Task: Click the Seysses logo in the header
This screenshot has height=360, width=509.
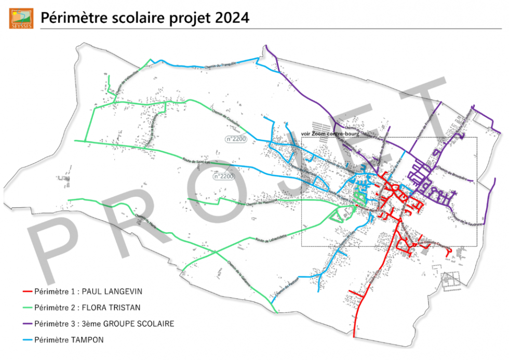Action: pyautogui.click(x=21, y=18)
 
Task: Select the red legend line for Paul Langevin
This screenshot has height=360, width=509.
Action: pyautogui.click(x=27, y=291)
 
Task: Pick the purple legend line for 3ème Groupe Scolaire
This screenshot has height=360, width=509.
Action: pyautogui.click(x=27, y=324)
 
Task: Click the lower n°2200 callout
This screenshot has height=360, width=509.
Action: pyautogui.click(x=224, y=177)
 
